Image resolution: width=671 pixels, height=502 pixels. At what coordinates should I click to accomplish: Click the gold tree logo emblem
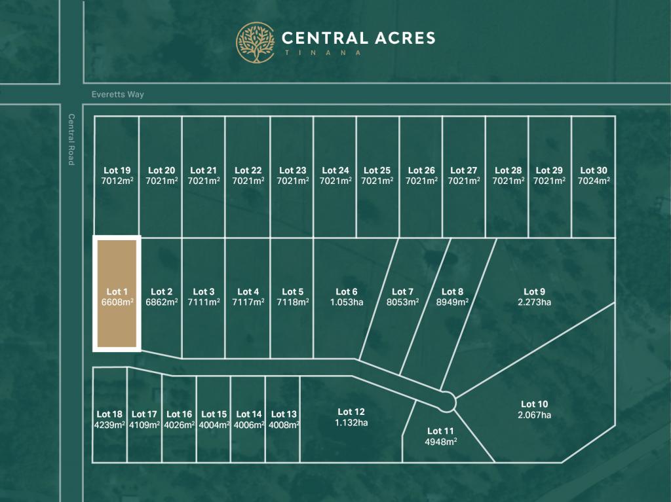[x=256, y=43]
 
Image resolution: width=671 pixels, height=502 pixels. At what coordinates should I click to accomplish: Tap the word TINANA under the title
[x=321, y=53]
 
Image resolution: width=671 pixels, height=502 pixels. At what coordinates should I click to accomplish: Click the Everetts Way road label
[x=118, y=94]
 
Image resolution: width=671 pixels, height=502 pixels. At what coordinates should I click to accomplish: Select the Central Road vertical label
[x=71, y=139]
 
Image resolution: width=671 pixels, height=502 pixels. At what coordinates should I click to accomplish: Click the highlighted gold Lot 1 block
[x=117, y=293]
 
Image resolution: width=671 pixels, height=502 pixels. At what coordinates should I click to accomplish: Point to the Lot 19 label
[x=117, y=171]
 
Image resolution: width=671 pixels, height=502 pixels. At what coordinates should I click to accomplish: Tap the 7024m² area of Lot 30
[x=594, y=181]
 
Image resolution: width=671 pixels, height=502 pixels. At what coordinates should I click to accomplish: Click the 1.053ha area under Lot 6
[x=347, y=302]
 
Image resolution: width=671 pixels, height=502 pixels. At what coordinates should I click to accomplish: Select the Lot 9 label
[x=534, y=292]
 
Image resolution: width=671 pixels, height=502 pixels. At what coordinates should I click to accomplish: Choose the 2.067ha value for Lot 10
[x=534, y=415]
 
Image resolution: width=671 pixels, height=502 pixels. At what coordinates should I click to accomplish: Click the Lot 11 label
[x=440, y=431]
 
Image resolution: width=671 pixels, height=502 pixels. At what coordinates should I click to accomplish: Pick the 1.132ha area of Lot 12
[x=351, y=422]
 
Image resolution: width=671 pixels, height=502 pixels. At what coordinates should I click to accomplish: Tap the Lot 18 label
[x=109, y=414]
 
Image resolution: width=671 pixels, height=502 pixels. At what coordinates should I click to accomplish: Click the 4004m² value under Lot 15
[x=214, y=425]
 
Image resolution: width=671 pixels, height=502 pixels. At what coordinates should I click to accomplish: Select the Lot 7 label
[x=402, y=292]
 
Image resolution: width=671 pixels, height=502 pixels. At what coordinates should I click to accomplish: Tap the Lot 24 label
[x=335, y=171]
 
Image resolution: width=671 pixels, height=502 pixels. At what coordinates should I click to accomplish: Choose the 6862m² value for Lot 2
[x=161, y=302]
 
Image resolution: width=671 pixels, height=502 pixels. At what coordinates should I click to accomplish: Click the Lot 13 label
[x=284, y=414]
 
